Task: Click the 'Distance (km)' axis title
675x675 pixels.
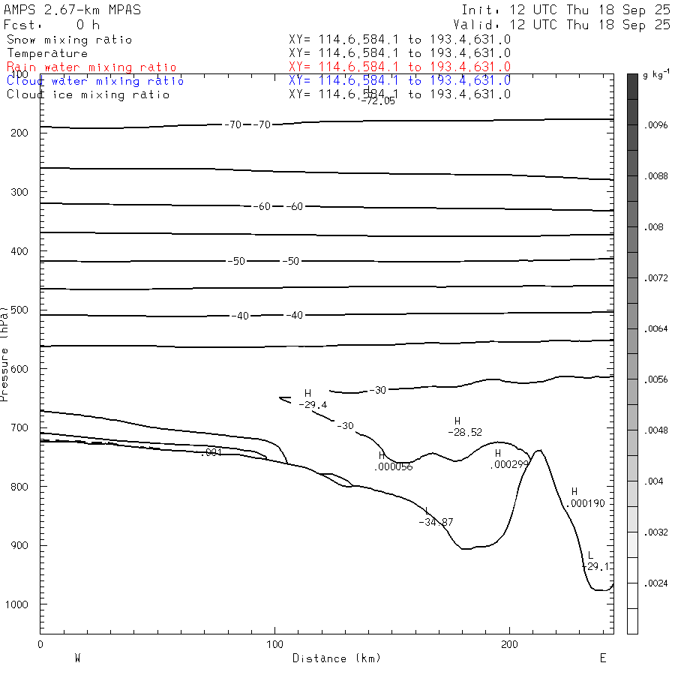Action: (x=336, y=658)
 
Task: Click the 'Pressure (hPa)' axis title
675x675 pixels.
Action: (x=5, y=353)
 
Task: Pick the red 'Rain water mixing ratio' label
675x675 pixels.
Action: (x=91, y=67)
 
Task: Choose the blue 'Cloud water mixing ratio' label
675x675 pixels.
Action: (x=95, y=81)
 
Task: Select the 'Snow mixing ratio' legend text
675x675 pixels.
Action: (x=69, y=40)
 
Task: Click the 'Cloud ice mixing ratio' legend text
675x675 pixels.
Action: (x=88, y=94)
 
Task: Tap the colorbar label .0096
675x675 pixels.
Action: (x=655, y=126)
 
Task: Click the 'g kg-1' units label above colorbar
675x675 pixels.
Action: (x=655, y=76)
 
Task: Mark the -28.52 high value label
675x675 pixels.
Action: (x=465, y=433)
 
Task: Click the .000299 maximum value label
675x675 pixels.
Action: (x=509, y=464)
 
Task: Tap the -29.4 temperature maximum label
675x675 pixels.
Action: (x=312, y=405)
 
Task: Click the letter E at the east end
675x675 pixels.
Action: (x=602, y=658)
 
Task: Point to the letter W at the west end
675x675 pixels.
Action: (x=77, y=658)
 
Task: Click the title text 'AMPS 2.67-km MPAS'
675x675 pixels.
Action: (x=72, y=10)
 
